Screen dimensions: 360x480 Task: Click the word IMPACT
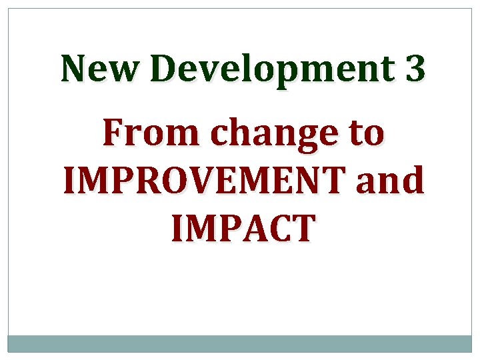point(241,227)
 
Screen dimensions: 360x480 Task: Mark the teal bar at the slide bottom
point(240,343)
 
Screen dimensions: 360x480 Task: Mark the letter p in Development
point(287,73)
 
